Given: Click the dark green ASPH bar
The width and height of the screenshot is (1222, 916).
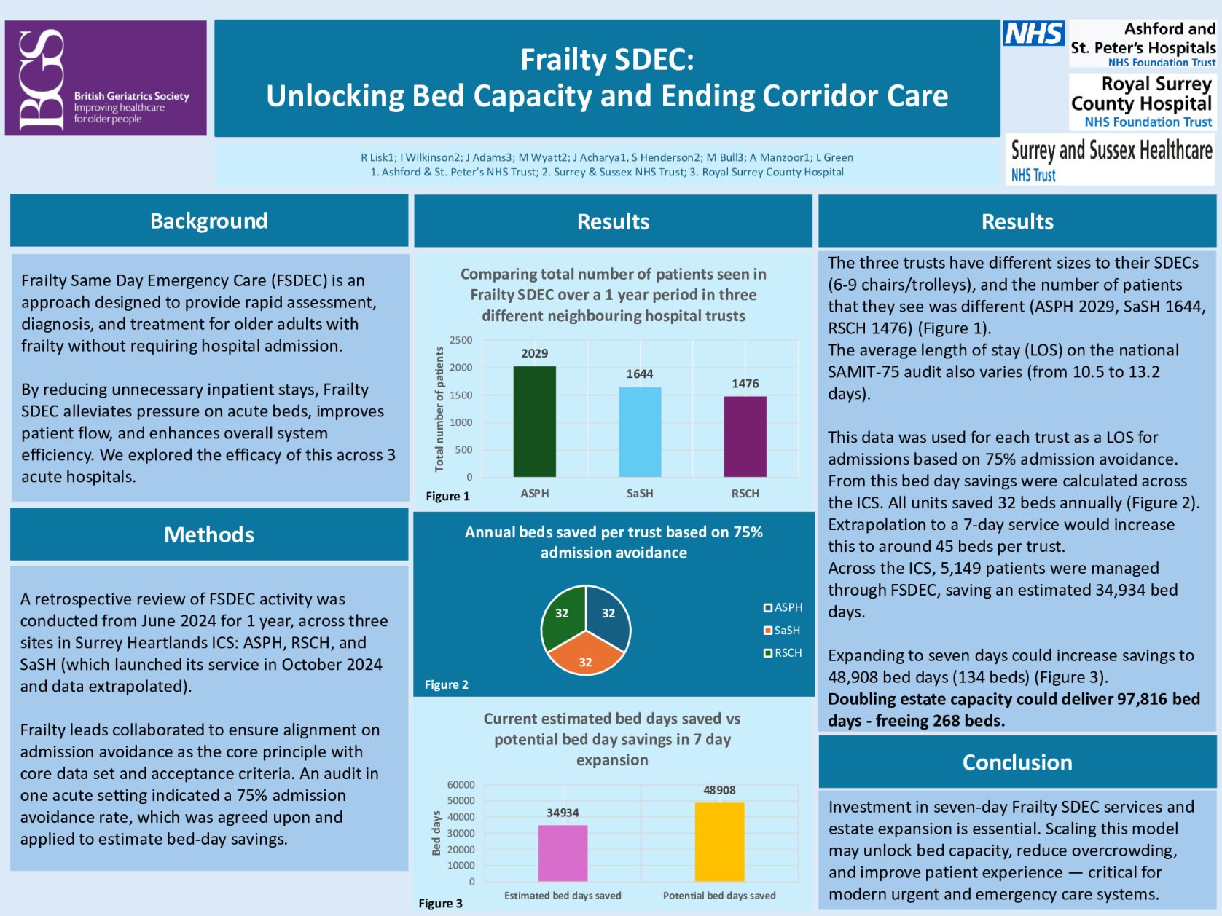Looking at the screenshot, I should [534, 422].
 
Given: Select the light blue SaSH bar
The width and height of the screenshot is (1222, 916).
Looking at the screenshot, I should [640, 432].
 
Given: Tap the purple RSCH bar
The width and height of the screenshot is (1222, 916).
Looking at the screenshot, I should [745, 437].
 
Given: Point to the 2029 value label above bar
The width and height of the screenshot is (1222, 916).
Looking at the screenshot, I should [534, 353].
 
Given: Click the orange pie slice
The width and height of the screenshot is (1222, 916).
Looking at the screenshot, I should [585, 654].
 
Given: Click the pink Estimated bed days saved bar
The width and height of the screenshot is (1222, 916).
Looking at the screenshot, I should [563, 853].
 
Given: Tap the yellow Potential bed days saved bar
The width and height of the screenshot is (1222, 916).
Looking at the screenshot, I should [719, 842].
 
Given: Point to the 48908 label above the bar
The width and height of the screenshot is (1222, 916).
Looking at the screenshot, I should [719, 790].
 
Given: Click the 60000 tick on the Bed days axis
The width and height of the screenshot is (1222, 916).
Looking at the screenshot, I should [461, 785].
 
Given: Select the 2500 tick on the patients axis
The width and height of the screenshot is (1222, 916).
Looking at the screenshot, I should [461, 340].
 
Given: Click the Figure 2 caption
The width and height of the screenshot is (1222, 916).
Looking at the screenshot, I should [446, 684].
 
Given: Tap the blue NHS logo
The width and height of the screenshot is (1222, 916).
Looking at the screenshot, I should [1033, 33].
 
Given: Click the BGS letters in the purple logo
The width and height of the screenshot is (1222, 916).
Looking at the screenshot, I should [41, 79].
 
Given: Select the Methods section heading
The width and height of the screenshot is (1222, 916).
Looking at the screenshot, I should [209, 534].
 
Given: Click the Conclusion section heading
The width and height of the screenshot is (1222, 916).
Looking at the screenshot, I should [1017, 762].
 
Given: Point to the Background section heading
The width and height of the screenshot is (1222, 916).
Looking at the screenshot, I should [209, 221].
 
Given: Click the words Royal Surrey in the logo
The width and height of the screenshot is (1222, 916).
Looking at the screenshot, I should [1156, 84].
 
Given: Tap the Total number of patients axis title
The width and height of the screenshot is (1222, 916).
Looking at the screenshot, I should [439, 408].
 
